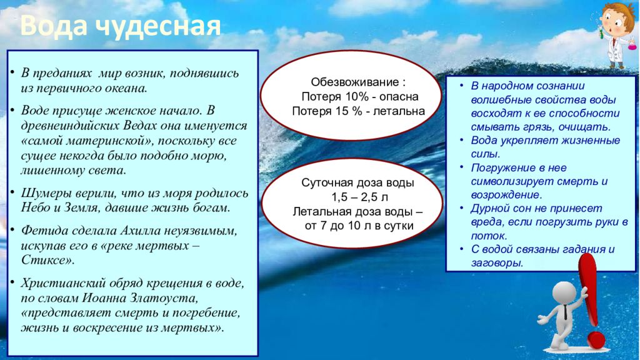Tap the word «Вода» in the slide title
[53, 25]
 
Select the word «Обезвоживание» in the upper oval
[355, 82]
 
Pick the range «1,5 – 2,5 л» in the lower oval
[359, 197]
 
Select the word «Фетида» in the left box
[44, 231]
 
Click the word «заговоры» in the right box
[497, 263]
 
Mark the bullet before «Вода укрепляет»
[462, 139]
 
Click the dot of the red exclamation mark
[596, 340]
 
